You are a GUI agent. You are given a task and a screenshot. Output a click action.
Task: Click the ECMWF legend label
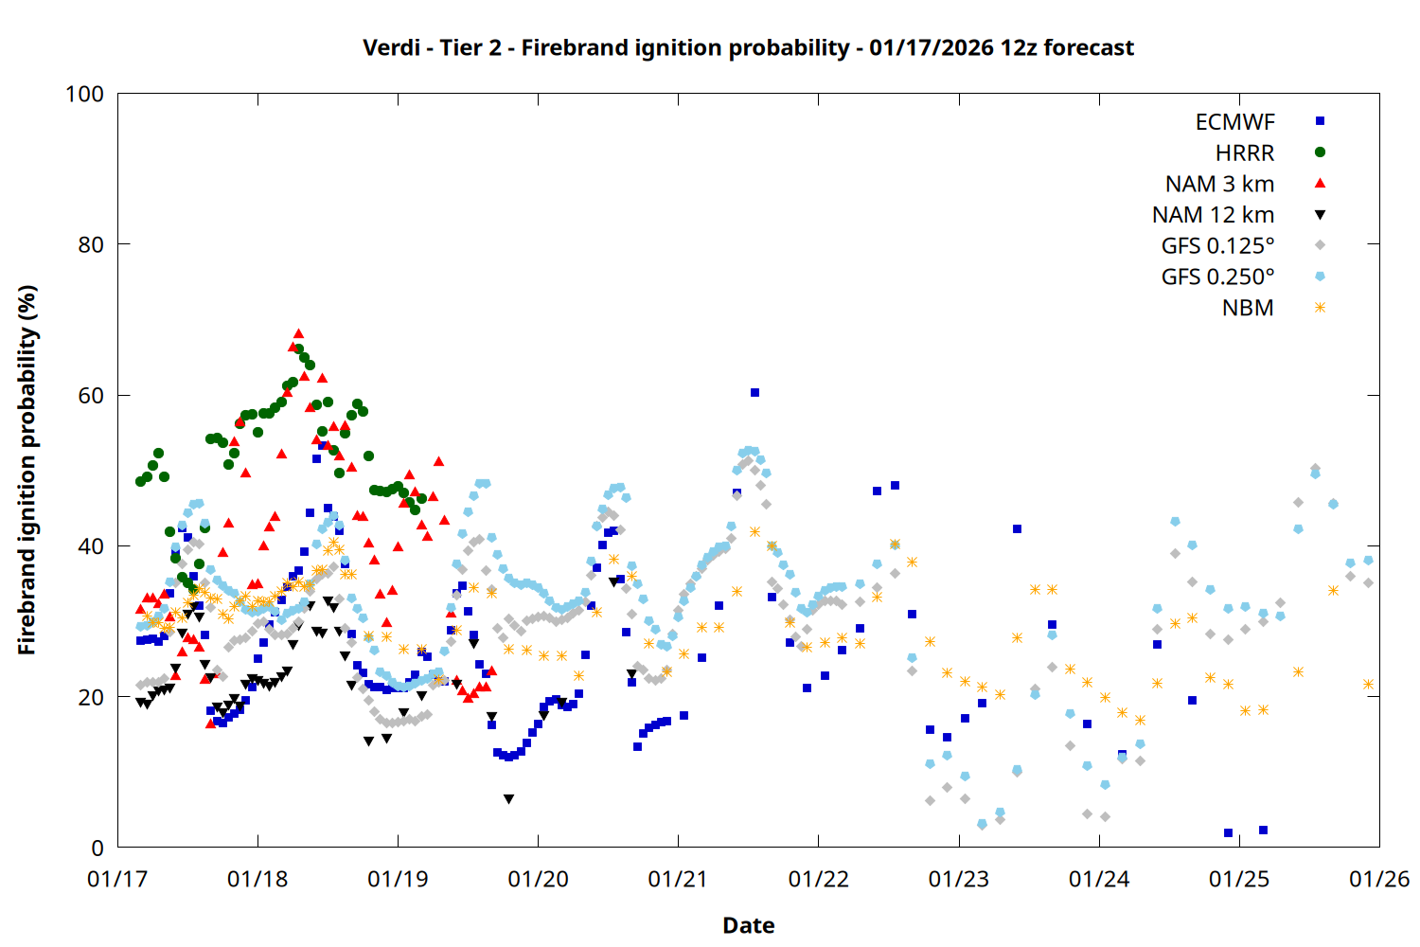(x=1234, y=122)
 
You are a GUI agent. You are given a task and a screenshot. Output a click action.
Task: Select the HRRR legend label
(x=1245, y=153)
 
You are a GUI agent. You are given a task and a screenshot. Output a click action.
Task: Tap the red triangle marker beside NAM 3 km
(x=1320, y=184)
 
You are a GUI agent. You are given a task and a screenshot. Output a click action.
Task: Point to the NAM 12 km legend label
(x=1213, y=215)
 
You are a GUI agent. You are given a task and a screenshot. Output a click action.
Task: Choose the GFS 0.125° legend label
(x=1217, y=246)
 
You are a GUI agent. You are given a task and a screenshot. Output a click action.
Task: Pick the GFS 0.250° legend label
(x=1217, y=277)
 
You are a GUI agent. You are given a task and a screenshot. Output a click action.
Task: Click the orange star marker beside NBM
(x=1320, y=308)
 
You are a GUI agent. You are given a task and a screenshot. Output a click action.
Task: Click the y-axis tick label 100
(x=84, y=94)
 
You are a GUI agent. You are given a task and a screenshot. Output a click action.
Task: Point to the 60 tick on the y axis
(x=91, y=396)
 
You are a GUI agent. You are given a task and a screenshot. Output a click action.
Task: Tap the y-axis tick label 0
(x=98, y=849)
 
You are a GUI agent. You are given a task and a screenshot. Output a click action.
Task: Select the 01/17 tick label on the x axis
(x=117, y=880)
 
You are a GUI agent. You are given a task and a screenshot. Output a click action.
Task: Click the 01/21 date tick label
(x=678, y=880)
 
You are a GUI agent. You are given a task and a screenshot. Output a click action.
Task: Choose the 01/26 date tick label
(x=1379, y=880)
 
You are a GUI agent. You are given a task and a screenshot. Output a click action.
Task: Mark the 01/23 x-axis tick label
(x=959, y=880)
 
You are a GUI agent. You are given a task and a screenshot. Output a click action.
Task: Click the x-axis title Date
(x=748, y=925)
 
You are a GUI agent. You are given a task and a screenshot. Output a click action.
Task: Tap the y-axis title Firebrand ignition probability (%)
(x=27, y=470)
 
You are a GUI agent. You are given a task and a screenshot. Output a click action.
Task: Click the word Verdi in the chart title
(x=390, y=47)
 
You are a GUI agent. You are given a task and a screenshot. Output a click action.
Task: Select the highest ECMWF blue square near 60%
(x=754, y=392)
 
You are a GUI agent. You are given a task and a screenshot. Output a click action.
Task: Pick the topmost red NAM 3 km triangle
(x=298, y=334)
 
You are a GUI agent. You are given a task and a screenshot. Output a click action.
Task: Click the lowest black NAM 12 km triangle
(x=509, y=799)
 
